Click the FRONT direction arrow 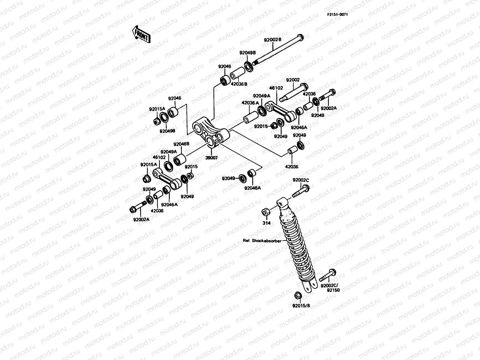click(141, 34)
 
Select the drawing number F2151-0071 click(337, 14)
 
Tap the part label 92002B click(273, 40)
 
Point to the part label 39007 click(211, 158)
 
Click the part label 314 click(267, 223)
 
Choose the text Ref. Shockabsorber click(262, 241)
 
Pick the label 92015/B click(301, 306)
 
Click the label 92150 click(333, 290)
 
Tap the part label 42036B click(239, 84)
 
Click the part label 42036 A click(250, 103)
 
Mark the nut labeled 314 click(266, 212)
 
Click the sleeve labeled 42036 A click(251, 117)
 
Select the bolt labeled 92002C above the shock click(301, 191)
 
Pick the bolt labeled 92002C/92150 click(328, 275)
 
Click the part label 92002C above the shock click(301, 180)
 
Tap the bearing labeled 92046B click(180, 160)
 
